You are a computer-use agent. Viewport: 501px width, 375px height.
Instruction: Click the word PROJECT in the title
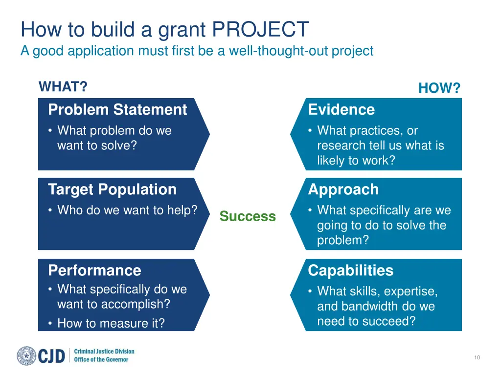[x=260, y=29]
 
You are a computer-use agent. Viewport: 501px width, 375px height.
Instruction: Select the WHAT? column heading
[x=63, y=86]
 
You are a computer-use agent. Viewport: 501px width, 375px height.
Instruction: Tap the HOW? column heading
[x=439, y=88]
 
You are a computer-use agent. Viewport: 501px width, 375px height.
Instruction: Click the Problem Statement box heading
[x=117, y=109]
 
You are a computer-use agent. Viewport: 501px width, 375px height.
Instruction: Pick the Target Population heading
[x=112, y=189]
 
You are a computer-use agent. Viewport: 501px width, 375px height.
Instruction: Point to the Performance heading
[x=94, y=271]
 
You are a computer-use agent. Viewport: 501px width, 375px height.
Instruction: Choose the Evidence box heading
[x=341, y=109]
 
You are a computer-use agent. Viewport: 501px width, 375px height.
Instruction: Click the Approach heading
[x=343, y=190]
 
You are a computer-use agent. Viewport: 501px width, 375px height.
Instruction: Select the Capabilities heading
[x=350, y=271]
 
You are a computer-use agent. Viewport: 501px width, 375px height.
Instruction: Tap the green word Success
[x=248, y=216]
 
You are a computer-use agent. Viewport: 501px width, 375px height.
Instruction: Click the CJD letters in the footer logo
[x=51, y=356]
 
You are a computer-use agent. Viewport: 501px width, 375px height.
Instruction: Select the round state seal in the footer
[x=26, y=355]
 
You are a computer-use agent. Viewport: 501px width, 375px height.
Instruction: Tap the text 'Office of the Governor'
[x=101, y=359]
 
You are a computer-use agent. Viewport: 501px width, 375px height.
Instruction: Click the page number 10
[x=477, y=357]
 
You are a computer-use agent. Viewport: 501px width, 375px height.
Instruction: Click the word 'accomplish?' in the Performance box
[x=136, y=304]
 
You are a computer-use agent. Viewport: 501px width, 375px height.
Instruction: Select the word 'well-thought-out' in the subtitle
[x=278, y=51]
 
